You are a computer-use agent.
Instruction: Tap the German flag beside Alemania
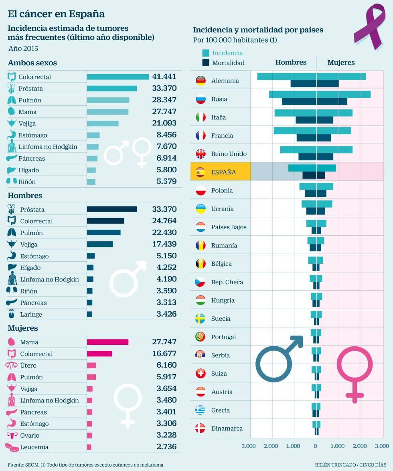[x=200, y=81]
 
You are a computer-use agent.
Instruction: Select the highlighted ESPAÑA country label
[x=223, y=172]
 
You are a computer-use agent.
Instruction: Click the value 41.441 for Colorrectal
[x=164, y=77]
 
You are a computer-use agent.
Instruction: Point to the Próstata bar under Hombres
[x=112, y=209]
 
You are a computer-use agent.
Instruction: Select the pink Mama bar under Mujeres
[x=107, y=342]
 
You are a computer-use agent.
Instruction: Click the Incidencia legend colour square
[x=206, y=53]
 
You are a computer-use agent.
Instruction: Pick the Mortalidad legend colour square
[x=206, y=63]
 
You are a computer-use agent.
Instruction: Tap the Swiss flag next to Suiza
[x=200, y=374]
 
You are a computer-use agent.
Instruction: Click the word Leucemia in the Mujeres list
[x=34, y=447]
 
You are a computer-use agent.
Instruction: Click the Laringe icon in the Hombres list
[x=12, y=314]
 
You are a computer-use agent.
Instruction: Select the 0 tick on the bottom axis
[x=315, y=446]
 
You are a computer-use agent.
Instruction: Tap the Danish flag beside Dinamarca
[x=200, y=429]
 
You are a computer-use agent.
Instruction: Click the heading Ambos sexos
[x=32, y=63]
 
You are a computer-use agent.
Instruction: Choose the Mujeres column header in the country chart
[x=341, y=63]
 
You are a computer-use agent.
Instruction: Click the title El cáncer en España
[x=56, y=14]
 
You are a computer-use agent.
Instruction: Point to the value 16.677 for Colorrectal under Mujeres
[x=164, y=354]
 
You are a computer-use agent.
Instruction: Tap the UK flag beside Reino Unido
[x=200, y=154]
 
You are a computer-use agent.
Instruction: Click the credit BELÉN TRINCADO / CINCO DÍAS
[x=349, y=465]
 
